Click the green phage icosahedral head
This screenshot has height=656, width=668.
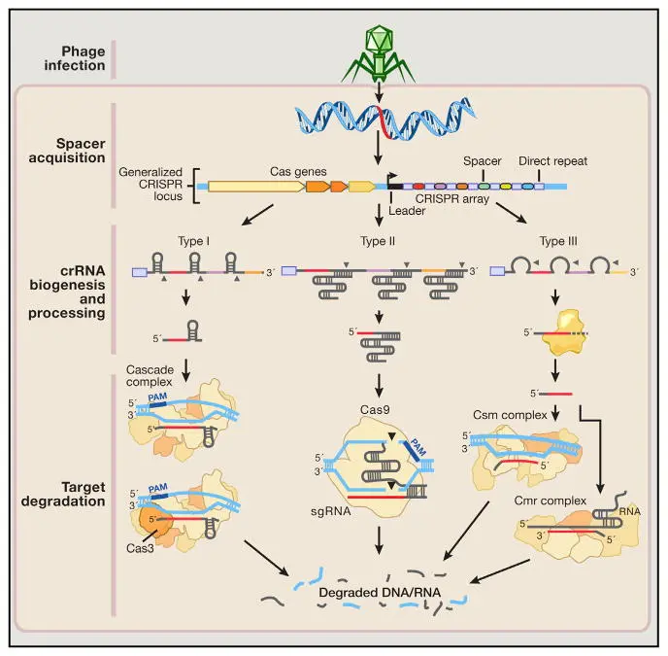(378, 39)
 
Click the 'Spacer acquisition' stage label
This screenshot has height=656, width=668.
(67, 151)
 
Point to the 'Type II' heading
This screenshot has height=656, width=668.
(378, 241)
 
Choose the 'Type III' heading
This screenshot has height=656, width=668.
(558, 241)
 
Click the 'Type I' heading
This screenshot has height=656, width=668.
(194, 241)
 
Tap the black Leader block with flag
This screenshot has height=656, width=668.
(394, 183)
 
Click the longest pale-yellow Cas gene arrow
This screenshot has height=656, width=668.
(256, 187)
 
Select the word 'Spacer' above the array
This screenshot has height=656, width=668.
(483, 161)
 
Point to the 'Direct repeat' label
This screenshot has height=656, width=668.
(553, 161)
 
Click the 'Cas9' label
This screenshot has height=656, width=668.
(375, 410)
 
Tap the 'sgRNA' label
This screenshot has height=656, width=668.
(331, 511)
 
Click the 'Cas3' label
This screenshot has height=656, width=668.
(140, 548)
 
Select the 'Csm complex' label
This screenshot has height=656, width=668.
(510, 415)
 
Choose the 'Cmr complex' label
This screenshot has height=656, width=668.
(550, 501)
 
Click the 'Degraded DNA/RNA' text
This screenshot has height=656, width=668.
(380, 593)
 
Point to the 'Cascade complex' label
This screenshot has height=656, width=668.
(150, 376)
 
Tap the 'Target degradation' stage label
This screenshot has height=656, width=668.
(63, 494)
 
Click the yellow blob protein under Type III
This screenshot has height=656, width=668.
(562, 332)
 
